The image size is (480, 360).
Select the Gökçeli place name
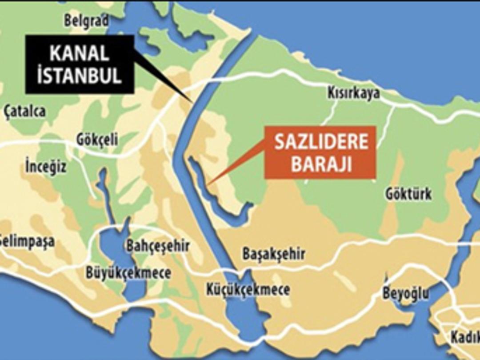pyautogui.click(x=96, y=140)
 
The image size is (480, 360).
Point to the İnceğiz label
pyautogui.click(x=45, y=168)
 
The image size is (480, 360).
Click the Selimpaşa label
pyautogui.click(x=27, y=242)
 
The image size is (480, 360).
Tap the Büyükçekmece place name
pyautogui.click(x=128, y=272)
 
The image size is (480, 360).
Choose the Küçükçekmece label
pyautogui.click(x=248, y=290)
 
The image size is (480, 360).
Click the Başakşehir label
pyautogui.click(x=273, y=254)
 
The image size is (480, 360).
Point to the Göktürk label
pyautogui.click(x=408, y=195)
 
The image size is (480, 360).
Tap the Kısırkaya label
pyautogui.click(x=354, y=93)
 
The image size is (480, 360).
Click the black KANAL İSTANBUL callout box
pyautogui.click(x=79, y=64)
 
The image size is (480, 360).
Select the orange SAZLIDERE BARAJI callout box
pyautogui.click(x=320, y=152)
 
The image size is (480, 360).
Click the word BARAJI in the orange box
pyautogui.click(x=320, y=165)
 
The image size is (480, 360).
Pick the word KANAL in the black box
pyautogui.click(x=79, y=53)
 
